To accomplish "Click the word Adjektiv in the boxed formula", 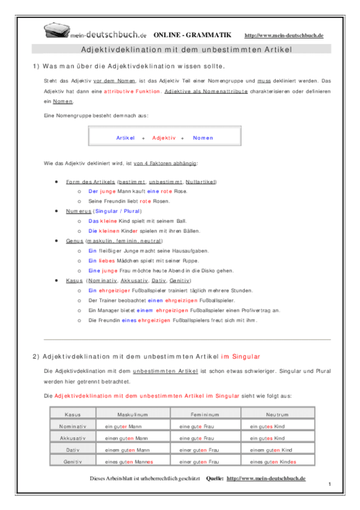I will pyautogui.click(x=163, y=138).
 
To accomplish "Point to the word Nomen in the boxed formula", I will pyautogui.click(x=203, y=138).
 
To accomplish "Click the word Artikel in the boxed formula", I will pyautogui.click(x=126, y=138).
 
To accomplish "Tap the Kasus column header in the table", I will pyautogui.click(x=73, y=414).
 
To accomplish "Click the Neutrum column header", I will pyautogui.click(x=278, y=414).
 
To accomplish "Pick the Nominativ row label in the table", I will pyautogui.click(x=73, y=426).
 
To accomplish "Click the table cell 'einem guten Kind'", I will pyautogui.click(x=271, y=449).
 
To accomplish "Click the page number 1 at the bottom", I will pyautogui.click(x=331, y=484).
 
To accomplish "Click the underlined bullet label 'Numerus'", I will pyautogui.click(x=79, y=211).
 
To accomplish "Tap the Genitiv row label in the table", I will pyautogui.click(x=73, y=461).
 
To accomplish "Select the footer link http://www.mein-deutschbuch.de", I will pyautogui.click(x=266, y=478).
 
